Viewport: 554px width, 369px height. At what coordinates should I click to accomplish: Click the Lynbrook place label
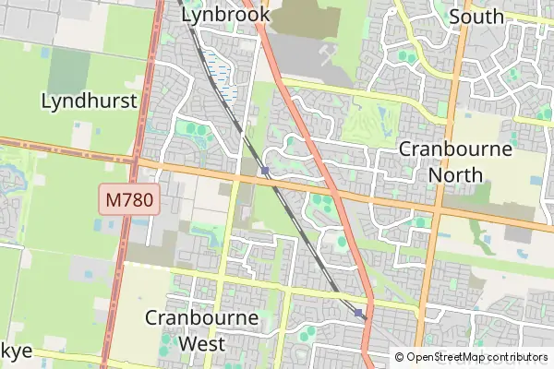coord(226,14)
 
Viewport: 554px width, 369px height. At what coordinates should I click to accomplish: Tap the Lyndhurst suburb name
coord(90,101)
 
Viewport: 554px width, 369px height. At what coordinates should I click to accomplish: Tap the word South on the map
coord(476,16)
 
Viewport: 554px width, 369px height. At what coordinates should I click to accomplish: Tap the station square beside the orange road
coord(265,171)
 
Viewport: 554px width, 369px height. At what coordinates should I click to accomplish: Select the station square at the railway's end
coord(358,314)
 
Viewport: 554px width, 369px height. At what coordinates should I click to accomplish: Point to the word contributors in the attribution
coord(518,357)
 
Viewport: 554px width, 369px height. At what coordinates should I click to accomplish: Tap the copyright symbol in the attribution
coord(400,357)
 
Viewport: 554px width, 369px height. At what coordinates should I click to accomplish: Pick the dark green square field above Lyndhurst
coord(69,69)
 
